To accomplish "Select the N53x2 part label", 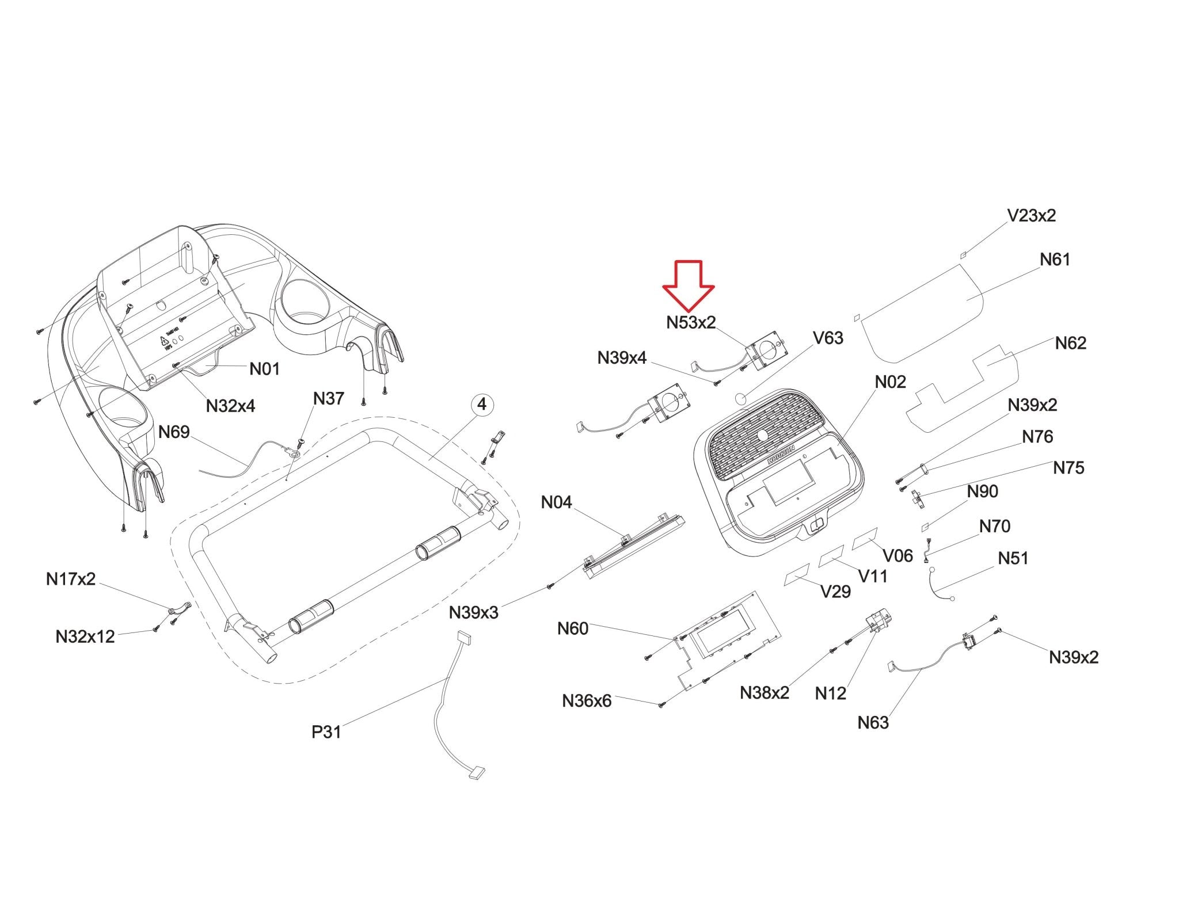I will [691, 323].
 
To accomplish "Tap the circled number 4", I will [482, 405].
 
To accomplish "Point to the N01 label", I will [264, 369].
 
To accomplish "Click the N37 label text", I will [328, 398].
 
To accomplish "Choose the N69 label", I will [174, 432].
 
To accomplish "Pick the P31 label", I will [326, 732].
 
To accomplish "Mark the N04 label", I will [556, 502].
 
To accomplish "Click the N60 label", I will [572, 628].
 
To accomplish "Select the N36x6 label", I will [587, 701].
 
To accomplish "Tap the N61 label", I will [1055, 260].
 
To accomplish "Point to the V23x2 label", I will [1031, 216].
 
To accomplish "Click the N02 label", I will [890, 382].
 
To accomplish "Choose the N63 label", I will [873, 722].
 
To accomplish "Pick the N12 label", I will [830, 693].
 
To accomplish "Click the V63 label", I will [828, 338].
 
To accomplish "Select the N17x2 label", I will [71, 579].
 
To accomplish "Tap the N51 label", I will [1013, 558].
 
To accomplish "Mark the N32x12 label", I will [85, 636].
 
